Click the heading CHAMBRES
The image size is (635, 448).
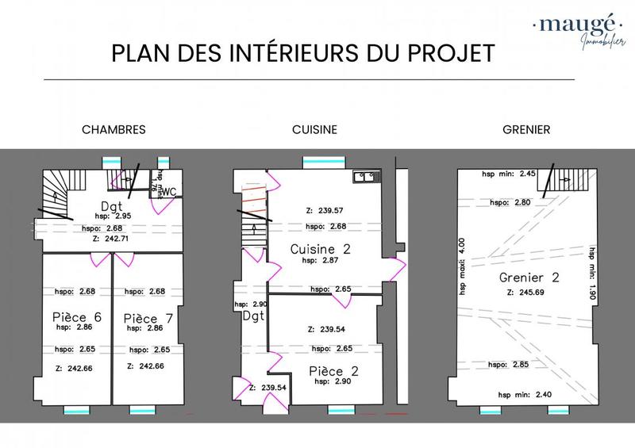pyautogui.click(x=114, y=129)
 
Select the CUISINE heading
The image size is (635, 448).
pyautogui.click(x=314, y=129)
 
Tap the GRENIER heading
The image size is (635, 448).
pyautogui.click(x=527, y=129)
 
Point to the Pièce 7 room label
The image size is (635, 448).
pyautogui.click(x=148, y=317)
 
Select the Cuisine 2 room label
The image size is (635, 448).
pyautogui.click(x=320, y=248)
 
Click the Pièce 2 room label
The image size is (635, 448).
pyautogui.click(x=332, y=370)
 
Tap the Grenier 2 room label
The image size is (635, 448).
pyautogui.click(x=529, y=278)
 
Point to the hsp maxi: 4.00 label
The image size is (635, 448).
pyautogui.click(x=464, y=266)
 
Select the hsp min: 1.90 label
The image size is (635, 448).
pyautogui.click(x=591, y=271)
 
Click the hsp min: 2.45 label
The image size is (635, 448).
pyautogui.click(x=510, y=174)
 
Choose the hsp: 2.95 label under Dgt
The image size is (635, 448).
pyautogui.click(x=110, y=216)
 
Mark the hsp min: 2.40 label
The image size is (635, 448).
pyautogui.click(x=525, y=394)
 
